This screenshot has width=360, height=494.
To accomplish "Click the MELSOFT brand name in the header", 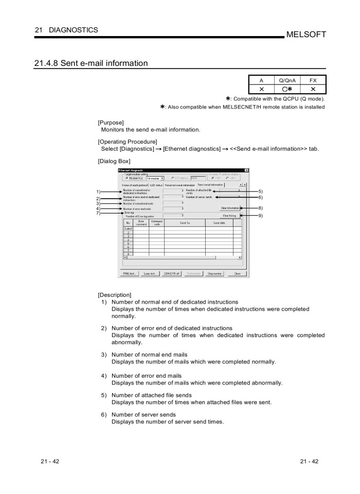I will (307, 34).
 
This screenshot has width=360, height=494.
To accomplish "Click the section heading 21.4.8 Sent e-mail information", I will (91, 64).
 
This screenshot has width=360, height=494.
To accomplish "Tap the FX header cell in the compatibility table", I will (313, 80).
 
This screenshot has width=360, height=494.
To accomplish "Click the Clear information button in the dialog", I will (230, 208).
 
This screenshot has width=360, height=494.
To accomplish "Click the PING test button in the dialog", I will (130, 274).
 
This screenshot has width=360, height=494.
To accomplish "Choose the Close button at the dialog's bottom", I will (237, 274).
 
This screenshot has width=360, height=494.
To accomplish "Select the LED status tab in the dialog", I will (156, 184).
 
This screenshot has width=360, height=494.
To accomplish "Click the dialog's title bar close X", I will (246, 170).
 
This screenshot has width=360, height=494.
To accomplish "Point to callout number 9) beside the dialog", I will (260, 216).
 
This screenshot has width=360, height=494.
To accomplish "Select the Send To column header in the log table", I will (184, 223).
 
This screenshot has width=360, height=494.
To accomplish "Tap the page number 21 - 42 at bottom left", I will (49, 461).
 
